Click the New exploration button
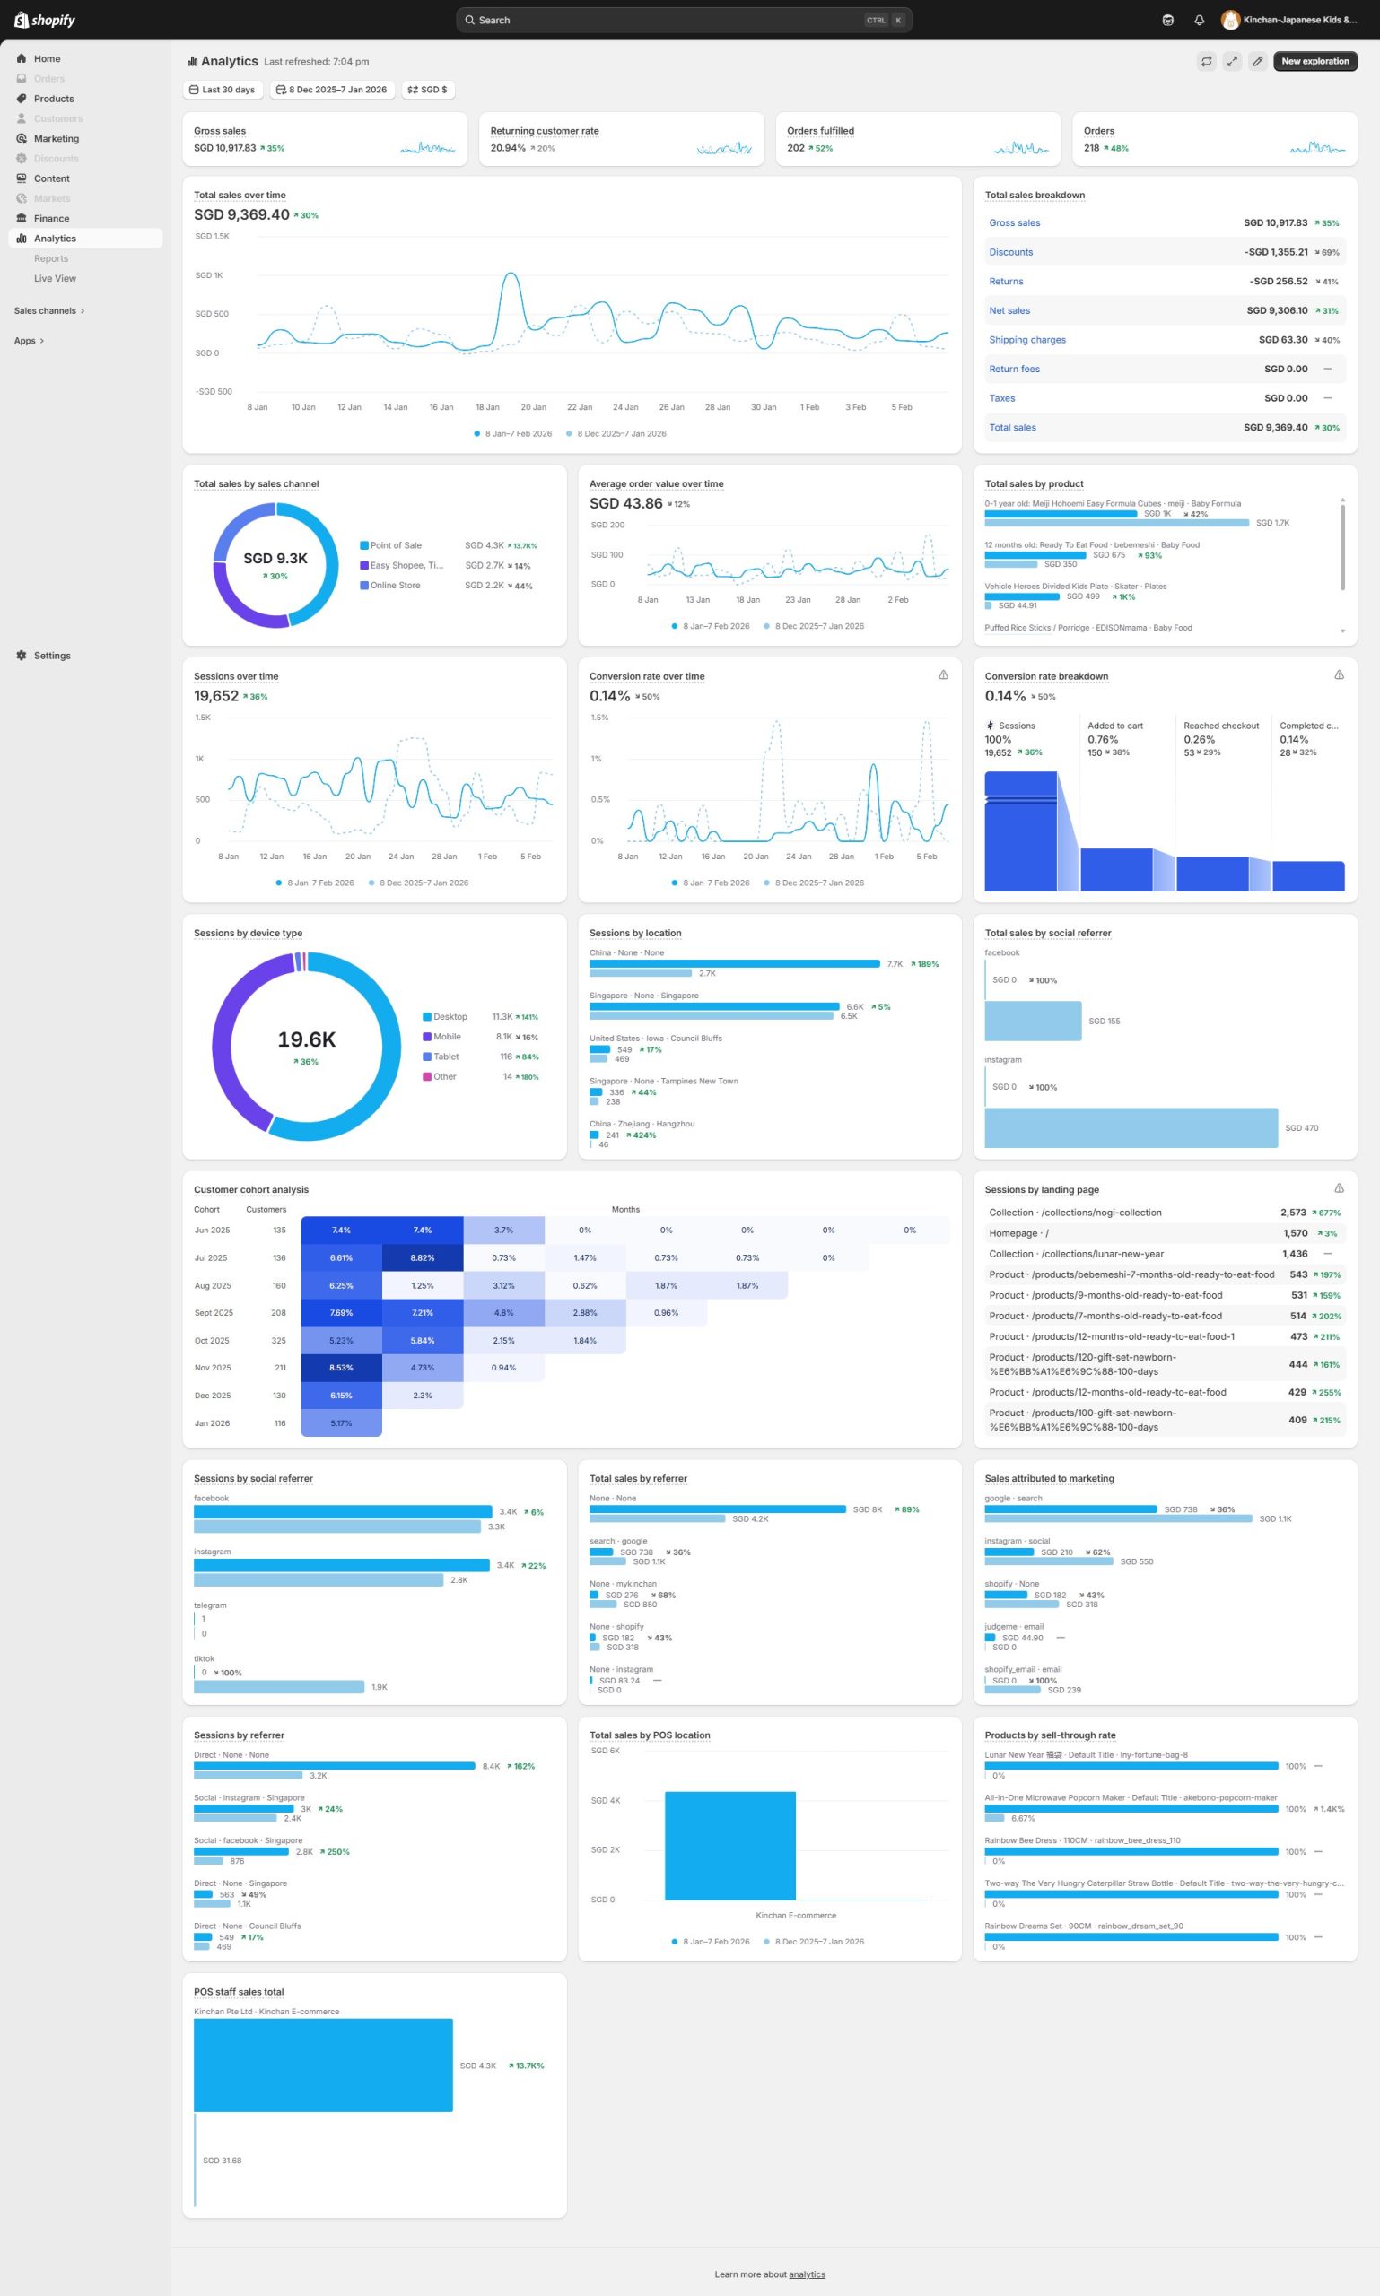pos(1314,61)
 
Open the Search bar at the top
pos(684,20)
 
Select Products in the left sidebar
pos(54,99)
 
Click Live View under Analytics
pos(55,278)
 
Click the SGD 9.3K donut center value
pos(275,559)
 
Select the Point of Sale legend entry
pos(395,545)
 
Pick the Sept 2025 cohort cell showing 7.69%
pos(340,1312)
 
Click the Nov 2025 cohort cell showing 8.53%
pos(340,1368)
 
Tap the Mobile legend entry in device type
pos(446,1037)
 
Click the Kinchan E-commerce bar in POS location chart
pos(730,1845)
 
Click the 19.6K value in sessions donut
pos(306,1039)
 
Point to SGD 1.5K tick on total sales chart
pos(212,236)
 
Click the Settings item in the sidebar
pos(52,656)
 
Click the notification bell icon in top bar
pos(1199,20)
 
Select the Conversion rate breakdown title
pos(1045,677)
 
